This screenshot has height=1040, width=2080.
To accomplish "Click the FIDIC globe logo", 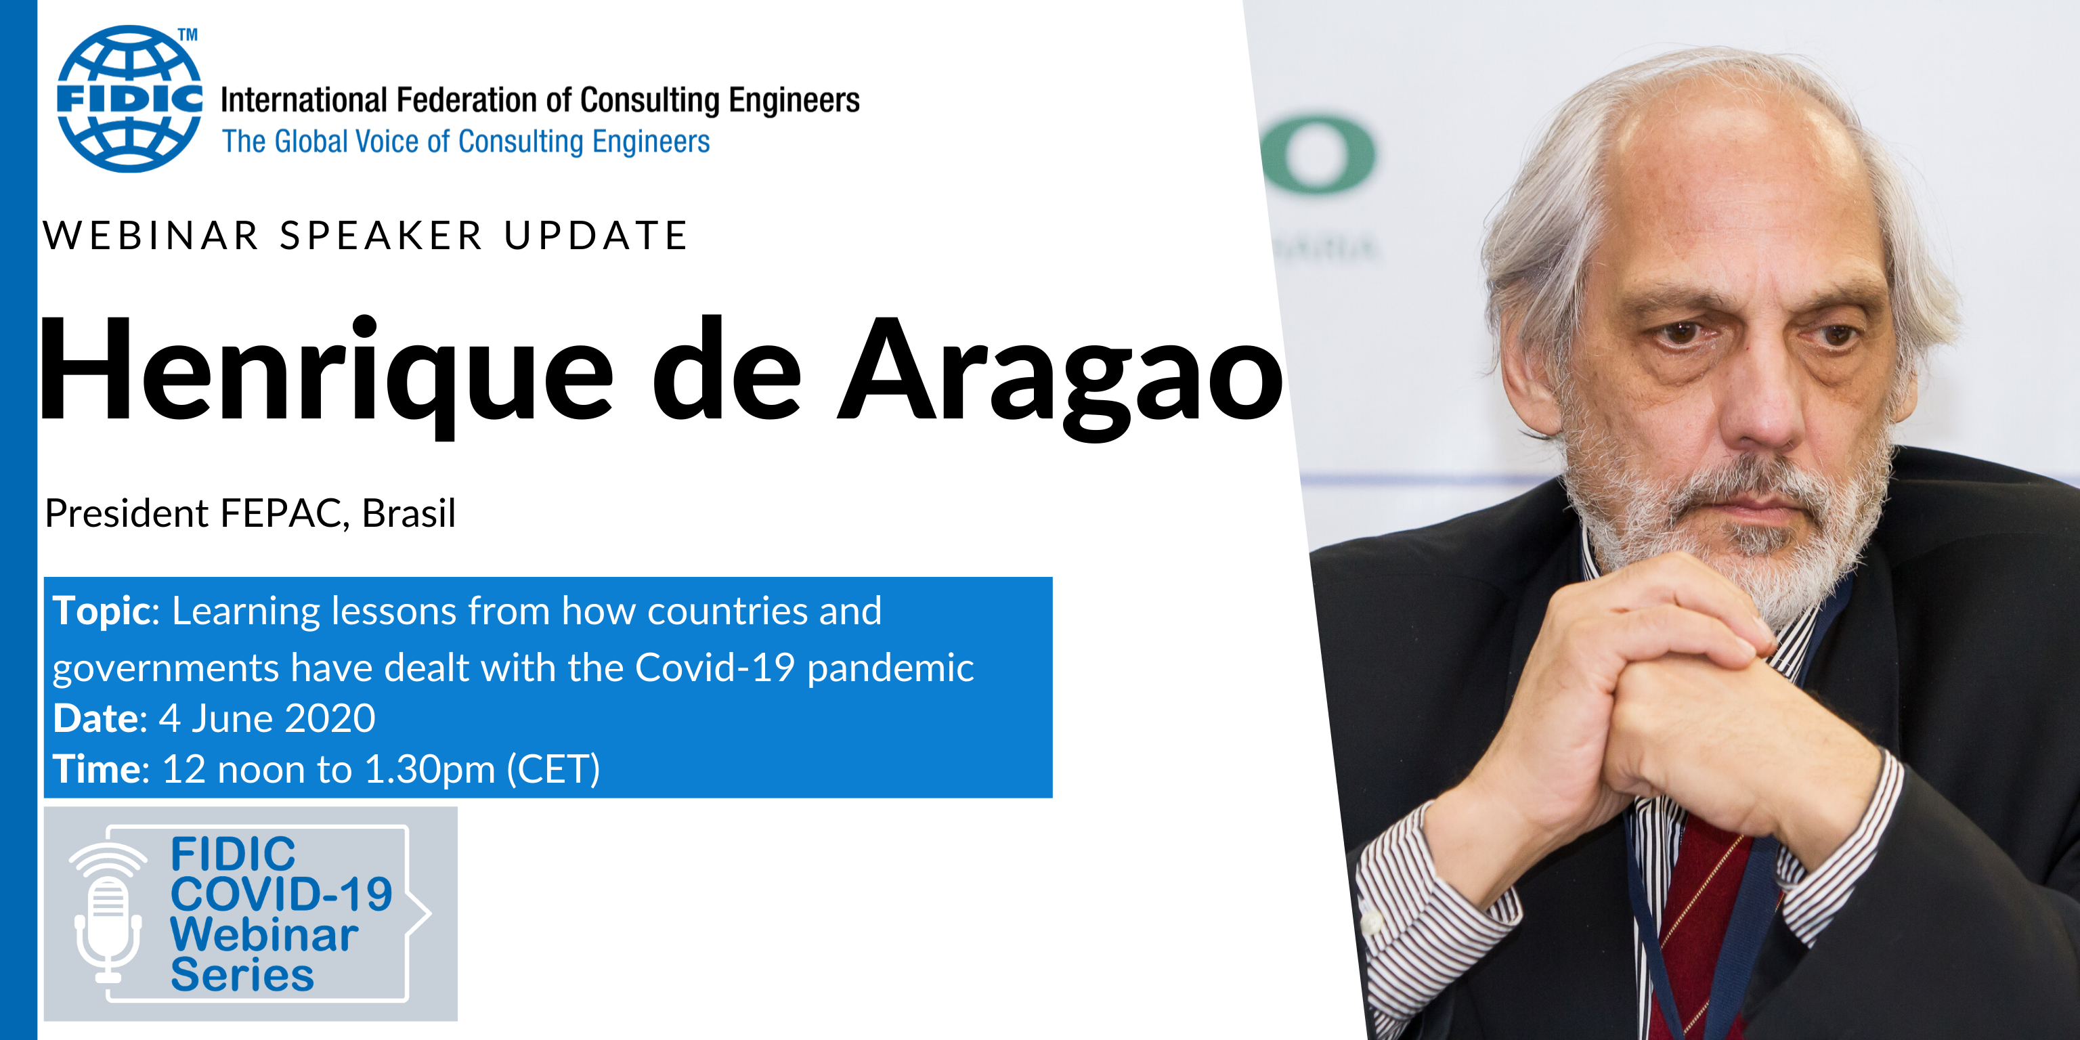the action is (129, 98).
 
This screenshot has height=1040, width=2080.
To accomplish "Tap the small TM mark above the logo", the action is (188, 35).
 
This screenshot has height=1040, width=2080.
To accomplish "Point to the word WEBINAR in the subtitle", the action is (151, 236).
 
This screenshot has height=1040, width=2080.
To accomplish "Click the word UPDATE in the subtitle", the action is (596, 236).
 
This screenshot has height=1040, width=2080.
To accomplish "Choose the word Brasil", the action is (408, 513).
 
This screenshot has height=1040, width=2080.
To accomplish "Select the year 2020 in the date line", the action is (330, 718).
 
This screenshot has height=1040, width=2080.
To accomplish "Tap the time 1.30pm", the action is (429, 769).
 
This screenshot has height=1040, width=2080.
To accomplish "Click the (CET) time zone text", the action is (553, 769).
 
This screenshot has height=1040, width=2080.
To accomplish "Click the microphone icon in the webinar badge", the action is (108, 913).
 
